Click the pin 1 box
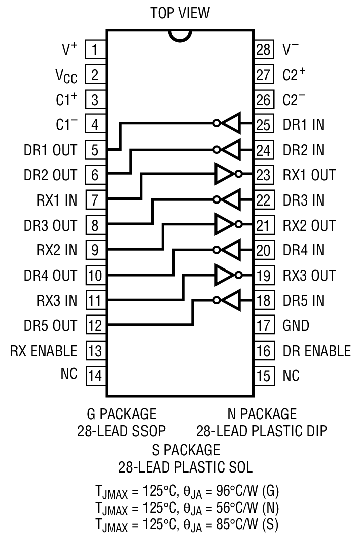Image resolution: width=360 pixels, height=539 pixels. [x=94, y=50]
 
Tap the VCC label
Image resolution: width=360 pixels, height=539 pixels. [x=66, y=76]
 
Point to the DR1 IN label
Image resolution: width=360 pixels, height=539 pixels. [x=303, y=125]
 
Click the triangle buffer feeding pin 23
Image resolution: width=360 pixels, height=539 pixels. [x=224, y=174]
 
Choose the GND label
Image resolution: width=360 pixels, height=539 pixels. [x=296, y=326]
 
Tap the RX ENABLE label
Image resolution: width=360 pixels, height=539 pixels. [x=43, y=351]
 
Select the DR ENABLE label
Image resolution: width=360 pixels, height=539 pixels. [x=317, y=351]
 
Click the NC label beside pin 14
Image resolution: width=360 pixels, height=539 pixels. [x=69, y=376]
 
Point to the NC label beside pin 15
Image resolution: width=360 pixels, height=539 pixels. [x=291, y=376]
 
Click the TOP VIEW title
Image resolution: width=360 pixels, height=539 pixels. [x=180, y=13]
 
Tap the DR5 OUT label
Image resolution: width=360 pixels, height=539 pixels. [x=50, y=326]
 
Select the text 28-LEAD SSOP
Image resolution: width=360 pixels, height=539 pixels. [x=121, y=431]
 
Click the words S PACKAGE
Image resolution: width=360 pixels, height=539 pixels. [x=186, y=449]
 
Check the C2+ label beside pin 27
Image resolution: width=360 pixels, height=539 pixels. [x=294, y=75]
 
